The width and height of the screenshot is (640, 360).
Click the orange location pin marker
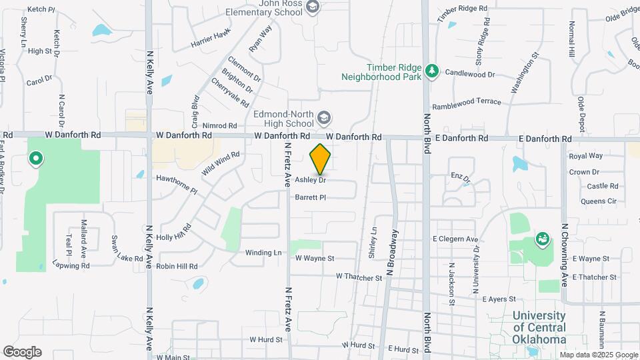click(321, 159)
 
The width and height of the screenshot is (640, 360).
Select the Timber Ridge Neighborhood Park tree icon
click(432, 71)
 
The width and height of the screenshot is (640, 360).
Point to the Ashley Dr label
click(310, 180)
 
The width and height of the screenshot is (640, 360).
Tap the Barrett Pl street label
click(310, 197)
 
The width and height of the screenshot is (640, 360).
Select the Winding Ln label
click(263, 253)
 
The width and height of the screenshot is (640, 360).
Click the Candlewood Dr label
click(470, 73)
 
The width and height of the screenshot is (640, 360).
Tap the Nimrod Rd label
click(219, 125)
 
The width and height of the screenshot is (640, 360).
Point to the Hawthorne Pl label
click(177, 184)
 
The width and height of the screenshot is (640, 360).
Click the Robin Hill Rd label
click(177, 266)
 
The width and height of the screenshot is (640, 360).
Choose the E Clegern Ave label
click(455, 239)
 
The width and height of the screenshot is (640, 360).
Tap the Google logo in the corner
click(22, 352)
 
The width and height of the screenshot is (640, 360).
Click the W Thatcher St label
click(359, 275)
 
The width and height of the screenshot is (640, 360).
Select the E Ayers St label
click(499, 299)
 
